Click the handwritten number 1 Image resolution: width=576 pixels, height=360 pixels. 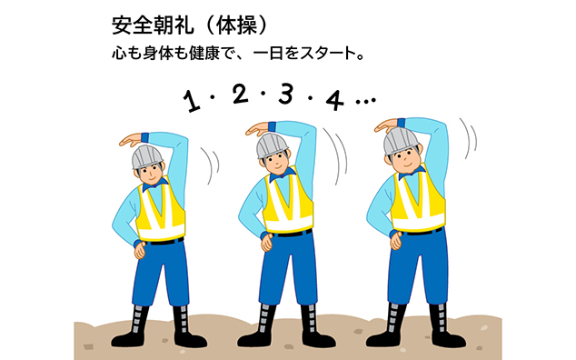[193, 101]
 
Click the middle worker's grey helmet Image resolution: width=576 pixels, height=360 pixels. [272, 145]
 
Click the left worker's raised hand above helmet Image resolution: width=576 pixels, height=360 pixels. [133, 139]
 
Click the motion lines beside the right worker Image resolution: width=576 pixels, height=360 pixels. [470, 137]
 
